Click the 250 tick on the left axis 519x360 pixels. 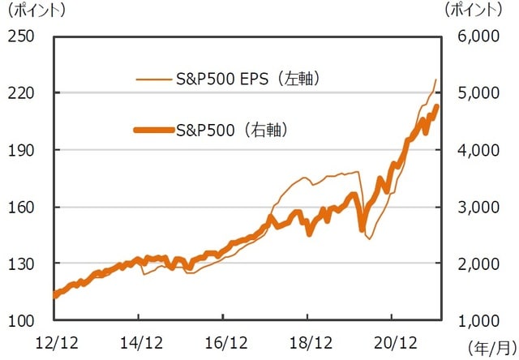20,36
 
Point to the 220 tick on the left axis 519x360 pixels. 20,93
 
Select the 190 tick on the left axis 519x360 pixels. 20,150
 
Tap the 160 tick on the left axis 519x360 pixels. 20,207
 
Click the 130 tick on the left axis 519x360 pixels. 20,264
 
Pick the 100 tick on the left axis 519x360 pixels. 20,320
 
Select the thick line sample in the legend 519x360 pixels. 153,129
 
